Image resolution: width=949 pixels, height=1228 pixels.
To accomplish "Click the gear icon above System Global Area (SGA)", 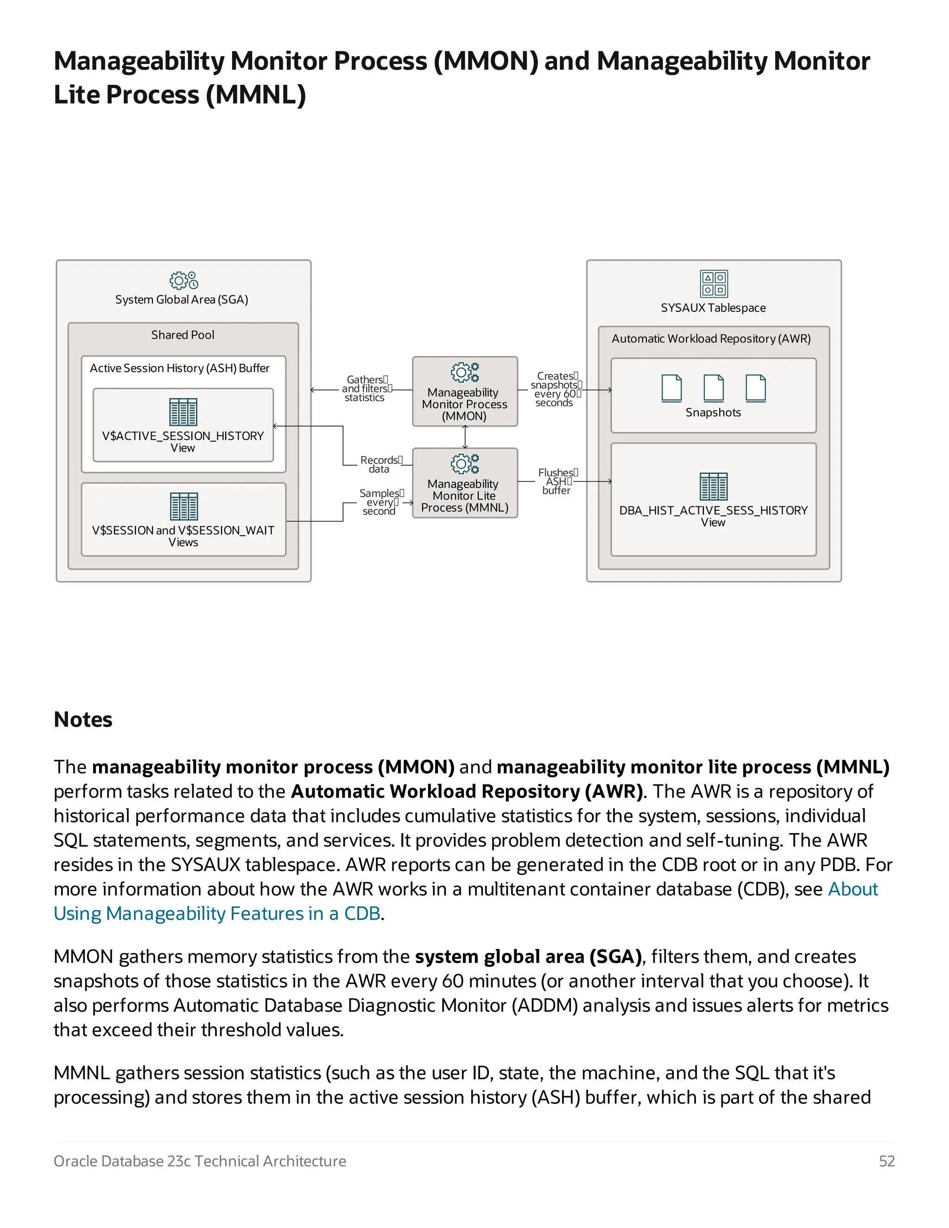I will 184,280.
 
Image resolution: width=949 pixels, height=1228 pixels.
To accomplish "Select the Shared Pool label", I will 183,335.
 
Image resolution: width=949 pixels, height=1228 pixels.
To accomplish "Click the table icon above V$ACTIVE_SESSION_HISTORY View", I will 183,412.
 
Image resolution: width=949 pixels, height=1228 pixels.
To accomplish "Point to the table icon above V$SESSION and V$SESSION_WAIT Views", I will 184,506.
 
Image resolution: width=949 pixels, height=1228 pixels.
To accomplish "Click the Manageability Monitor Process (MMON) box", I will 464,392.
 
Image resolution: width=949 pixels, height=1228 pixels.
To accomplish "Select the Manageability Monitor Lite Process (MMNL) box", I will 464,483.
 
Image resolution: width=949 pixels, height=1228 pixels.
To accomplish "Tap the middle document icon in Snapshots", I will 714,388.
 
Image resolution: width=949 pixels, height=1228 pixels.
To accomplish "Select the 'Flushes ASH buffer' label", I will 557,481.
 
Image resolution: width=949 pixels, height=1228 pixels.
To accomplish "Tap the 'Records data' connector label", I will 380,464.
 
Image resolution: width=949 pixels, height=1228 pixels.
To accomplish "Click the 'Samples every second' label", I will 380,502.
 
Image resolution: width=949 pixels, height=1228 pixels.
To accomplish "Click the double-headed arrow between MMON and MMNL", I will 465,437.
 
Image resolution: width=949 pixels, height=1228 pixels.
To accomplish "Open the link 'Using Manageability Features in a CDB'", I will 217,913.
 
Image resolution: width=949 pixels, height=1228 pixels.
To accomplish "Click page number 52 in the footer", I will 886,1161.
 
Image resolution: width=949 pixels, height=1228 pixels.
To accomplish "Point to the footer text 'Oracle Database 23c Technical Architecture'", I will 200,1161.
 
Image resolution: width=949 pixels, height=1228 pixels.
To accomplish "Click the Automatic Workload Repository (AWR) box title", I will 711,338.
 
